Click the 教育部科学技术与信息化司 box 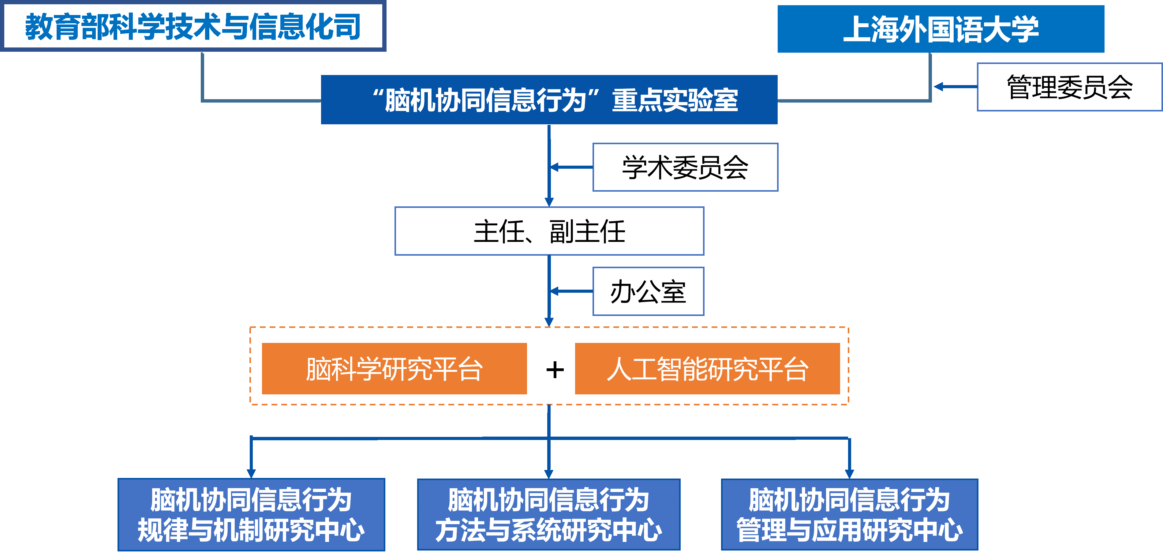[193, 26]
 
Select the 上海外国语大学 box [940, 29]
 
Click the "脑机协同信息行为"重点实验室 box [549, 100]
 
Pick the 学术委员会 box [685, 167]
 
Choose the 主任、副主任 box [549, 231]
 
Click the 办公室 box [648, 291]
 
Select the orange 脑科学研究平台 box [394, 369]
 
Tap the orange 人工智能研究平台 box [707, 369]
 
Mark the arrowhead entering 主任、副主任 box [549, 202]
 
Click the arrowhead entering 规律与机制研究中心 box [251, 473]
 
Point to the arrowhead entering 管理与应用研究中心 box [849, 473]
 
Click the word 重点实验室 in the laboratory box [675, 100]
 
